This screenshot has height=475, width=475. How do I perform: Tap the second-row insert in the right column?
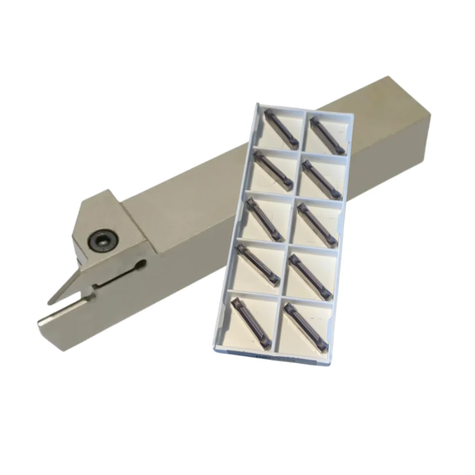321,179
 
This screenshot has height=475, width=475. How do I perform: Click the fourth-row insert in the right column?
310,276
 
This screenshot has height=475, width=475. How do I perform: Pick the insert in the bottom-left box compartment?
251,321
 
